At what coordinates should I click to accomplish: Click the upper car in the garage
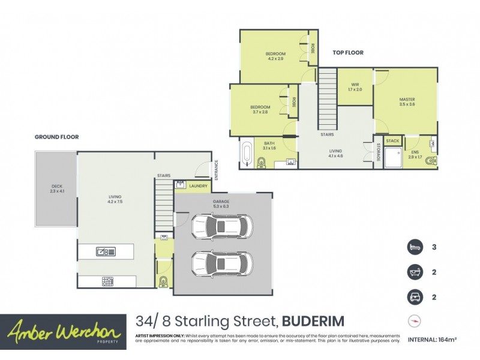pyautogui.click(x=221, y=226)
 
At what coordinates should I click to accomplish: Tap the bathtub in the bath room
pyautogui.click(x=247, y=153)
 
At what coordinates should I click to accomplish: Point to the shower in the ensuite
pyautogui.click(x=393, y=158)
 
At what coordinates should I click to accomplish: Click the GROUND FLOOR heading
pyautogui.click(x=56, y=137)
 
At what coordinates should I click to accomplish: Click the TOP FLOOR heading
pyautogui.click(x=348, y=53)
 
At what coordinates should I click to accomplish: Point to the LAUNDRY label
pyautogui.click(x=198, y=187)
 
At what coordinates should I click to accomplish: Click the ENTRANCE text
pyautogui.click(x=217, y=169)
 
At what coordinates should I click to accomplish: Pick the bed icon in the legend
pyautogui.click(x=415, y=246)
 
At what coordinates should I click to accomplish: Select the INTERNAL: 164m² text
pyautogui.click(x=432, y=340)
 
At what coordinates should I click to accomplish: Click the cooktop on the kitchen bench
pyautogui.click(x=108, y=281)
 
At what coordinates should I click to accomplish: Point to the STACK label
pyautogui.click(x=392, y=141)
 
